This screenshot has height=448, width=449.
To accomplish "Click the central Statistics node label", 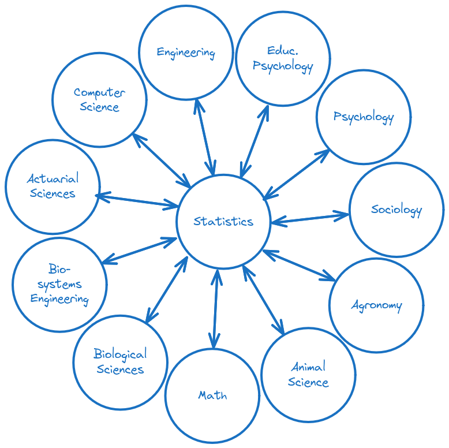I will [x=223, y=221].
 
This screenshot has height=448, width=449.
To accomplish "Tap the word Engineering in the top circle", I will [x=186, y=53].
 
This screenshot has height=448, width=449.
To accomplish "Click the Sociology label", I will [x=396, y=210].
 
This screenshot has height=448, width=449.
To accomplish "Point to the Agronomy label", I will [x=376, y=305].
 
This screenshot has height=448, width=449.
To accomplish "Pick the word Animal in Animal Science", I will [x=308, y=367].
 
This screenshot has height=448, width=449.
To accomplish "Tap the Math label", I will [x=212, y=395].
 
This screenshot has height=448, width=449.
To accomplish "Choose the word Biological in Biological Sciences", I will [x=120, y=354].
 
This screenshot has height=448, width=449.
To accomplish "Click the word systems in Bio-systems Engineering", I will [x=59, y=284].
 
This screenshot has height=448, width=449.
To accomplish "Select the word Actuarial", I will [x=53, y=178].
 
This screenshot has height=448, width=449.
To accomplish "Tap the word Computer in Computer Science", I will [x=99, y=92].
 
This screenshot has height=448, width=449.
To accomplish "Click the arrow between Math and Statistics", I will [x=215, y=308].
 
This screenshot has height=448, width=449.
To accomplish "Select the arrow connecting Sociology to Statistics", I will [x=310, y=218].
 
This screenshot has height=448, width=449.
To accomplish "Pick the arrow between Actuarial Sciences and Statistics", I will [x=137, y=201].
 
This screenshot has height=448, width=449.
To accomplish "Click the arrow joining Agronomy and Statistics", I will [x=299, y=265].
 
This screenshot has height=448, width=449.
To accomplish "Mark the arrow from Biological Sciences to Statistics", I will [x=167, y=289].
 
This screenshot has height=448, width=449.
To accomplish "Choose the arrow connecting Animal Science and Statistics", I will [x=264, y=300].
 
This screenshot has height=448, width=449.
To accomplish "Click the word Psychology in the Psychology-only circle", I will [x=364, y=117].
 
